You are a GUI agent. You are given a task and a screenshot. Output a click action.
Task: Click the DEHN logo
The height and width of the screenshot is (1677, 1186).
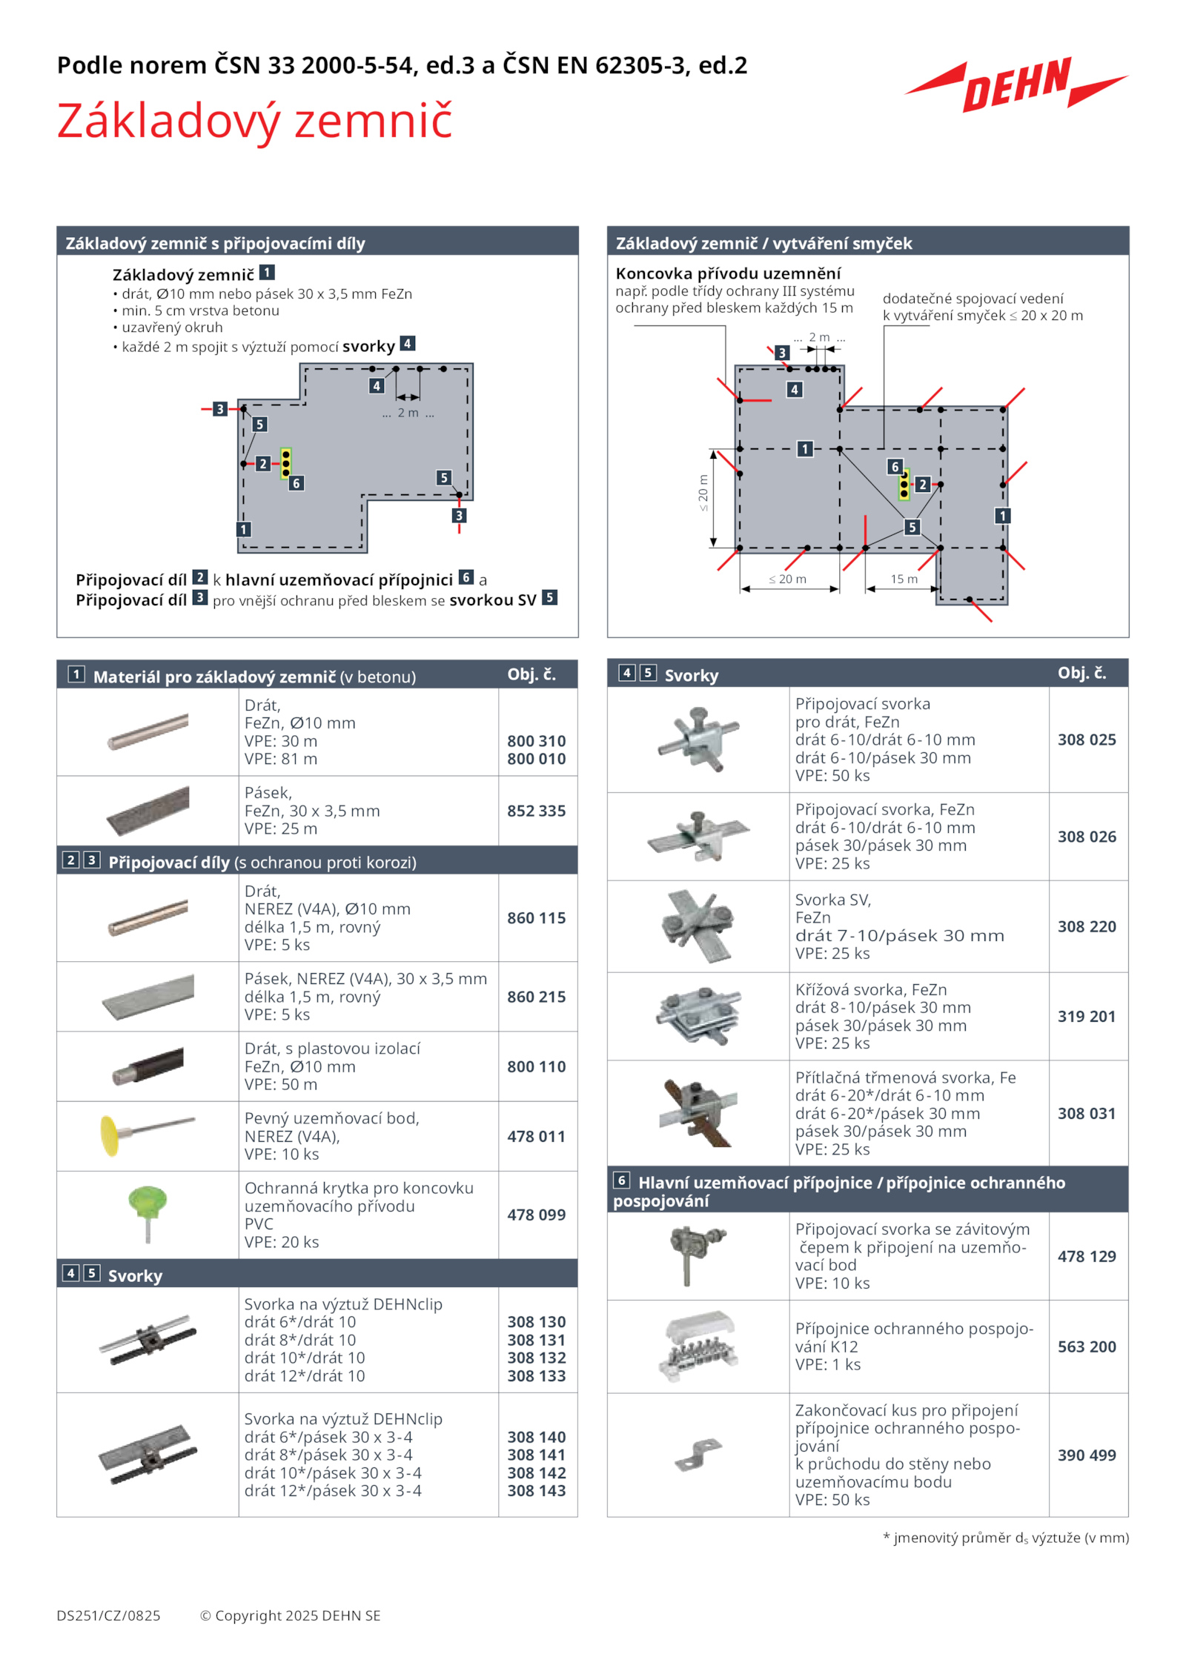tap(1016, 85)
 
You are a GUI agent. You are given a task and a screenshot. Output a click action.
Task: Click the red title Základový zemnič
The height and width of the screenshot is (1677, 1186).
tap(254, 121)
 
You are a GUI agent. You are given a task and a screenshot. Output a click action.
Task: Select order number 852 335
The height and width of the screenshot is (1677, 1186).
tap(536, 811)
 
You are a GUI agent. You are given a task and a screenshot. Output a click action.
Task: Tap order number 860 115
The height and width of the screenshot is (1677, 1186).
tap(536, 917)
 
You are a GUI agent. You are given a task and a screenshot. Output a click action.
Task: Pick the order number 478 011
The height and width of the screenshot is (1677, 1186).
tap(536, 1136)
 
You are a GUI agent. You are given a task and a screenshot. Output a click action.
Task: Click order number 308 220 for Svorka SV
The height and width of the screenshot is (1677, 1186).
tap(1086, 926)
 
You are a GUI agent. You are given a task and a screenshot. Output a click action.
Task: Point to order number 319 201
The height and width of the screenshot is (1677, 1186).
tap(1086, 1016)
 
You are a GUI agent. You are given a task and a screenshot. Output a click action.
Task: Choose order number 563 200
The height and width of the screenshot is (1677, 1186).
tap(1086, 1346)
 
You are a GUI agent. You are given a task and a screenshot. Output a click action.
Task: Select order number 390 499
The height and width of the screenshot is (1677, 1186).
tap(1086, 1455)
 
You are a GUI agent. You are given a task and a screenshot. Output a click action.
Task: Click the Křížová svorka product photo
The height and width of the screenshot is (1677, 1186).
tap(698, 1015)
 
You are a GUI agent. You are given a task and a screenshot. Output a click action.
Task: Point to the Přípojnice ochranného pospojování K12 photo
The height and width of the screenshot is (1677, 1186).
tap(698, 1346)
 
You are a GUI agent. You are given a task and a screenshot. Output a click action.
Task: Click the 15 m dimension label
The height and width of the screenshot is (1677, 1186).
tap(904, 579)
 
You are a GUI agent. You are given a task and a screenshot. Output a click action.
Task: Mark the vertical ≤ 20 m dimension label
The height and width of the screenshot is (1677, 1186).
tap(703, 493)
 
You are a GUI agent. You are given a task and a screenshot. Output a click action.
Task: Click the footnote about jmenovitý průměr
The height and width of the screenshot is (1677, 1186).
tap(1005, 1538)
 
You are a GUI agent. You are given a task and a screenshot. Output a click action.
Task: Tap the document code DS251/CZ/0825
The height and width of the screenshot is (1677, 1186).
tap(108, 1615)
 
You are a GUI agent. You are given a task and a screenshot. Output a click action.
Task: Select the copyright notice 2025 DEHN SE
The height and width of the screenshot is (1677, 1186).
tap(290, 1615)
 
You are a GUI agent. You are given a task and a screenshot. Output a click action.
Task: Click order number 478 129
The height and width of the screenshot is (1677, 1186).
tap(1086, 1256)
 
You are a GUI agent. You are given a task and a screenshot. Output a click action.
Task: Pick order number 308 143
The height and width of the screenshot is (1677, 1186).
tap(536, 1490)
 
